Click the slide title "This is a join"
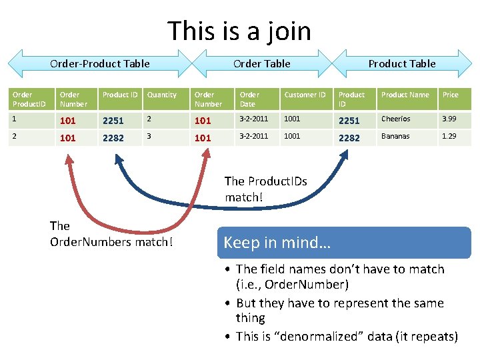pyautogui.click(x=239, y=31)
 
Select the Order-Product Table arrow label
pyautogui.click(x=100, y=64)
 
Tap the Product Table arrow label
pyautogui.click(x=402, y=64)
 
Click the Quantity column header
pyautogui.click(x=162, y=95)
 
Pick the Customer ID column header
pyautogui.click(x=305, y=95)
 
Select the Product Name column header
pyautogui.click(x=405, y=95)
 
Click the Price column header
pyautogui.click(x=451, y=95)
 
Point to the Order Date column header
pyautogui.click(x=249, y=99)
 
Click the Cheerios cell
pyautogui.click(x=396, y=119)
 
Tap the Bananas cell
pyautogui.click(x=395, y=136)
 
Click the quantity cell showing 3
pyautogui.click(x=149, y=136)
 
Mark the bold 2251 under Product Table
pyautogui.click(x=349, y=121)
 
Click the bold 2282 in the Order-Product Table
pyautogui.click(x=113, y=138)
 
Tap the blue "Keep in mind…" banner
pyautogui.click(x=344, y=243)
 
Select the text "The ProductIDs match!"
pyautogui.click(x=265, y=189)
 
